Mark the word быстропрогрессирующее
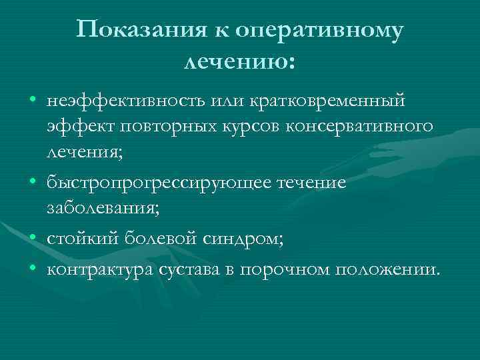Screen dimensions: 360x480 click(157, 182)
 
